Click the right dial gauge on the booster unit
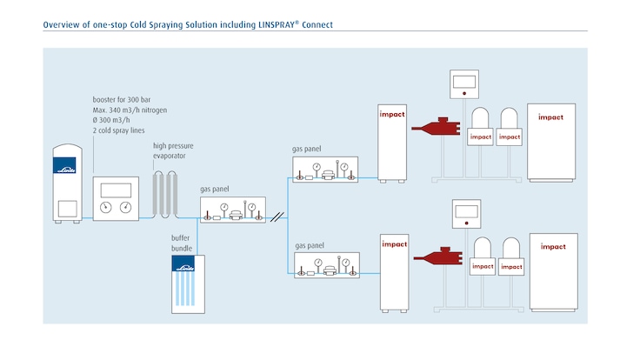coord(128,206)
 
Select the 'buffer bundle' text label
coord(181,242)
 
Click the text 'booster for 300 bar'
coord(122,100)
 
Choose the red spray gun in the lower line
coord(440,257)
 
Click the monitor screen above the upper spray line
coord(466,82)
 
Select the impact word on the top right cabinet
coord(551,116)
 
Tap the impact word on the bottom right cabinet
coord(553,247)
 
